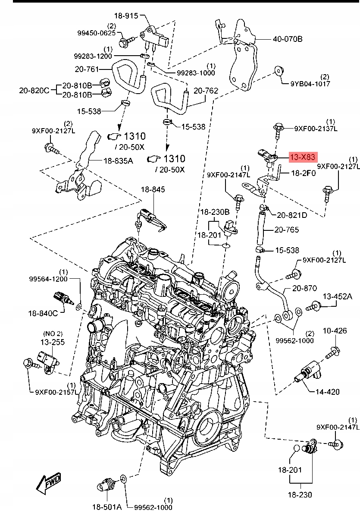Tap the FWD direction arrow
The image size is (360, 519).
coord(49,482)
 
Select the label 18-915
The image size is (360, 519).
coord(125,16)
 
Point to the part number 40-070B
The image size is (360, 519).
coord(287,39)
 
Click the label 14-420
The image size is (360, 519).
coord(327,392)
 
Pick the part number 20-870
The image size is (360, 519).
coord(304,288)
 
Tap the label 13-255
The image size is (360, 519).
coord(52,342)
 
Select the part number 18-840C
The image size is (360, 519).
coord(43,313)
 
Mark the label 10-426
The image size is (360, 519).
coord(335,331)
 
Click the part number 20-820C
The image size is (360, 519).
coord(34,90)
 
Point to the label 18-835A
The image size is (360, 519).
coord(118,161)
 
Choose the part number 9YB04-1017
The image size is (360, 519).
coord(310,84)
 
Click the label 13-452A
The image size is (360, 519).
coord(338,296)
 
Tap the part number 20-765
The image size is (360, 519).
coord(287,230)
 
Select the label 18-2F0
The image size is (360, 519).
coord(304,173)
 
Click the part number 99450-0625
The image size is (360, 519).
coord(97,33)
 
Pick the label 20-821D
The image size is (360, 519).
coord(292,215)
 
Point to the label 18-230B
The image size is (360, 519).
coord(215,212)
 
